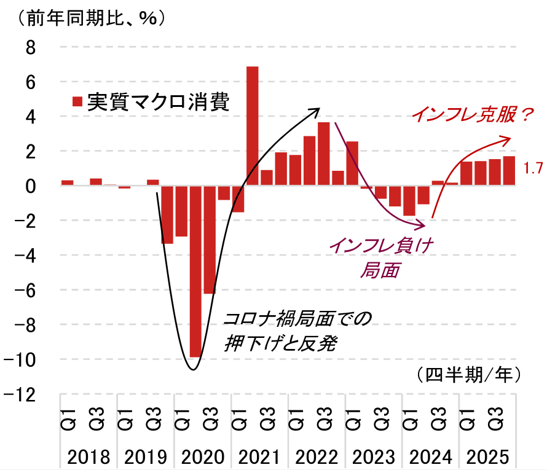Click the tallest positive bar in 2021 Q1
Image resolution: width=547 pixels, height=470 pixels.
tap(252, 126)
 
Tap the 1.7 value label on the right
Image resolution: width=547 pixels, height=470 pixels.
tap(532, 167)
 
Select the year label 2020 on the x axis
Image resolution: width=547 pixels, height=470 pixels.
tap(203, 457)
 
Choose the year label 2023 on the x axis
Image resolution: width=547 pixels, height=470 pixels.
tap(374, 457)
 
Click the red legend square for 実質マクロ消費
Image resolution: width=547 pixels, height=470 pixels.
tap(77, 101)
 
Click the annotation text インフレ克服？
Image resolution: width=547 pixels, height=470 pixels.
tap(470, 114)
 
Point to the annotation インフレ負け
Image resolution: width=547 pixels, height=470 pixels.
tap(381, 245)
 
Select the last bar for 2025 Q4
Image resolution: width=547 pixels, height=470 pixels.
tap(509, 171)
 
